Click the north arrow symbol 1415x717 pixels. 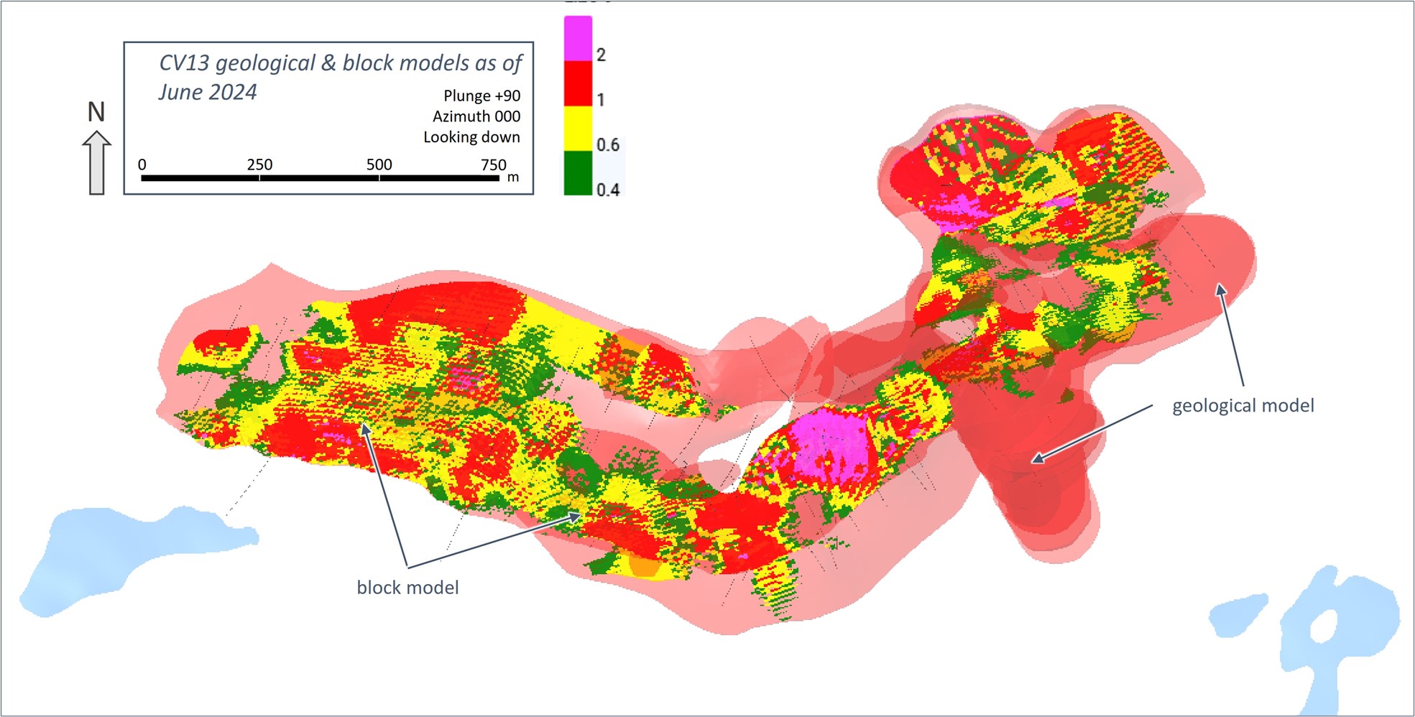click(x=96, y=163)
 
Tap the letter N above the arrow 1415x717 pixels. click(x=96, y=112)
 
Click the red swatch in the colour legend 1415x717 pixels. click(x=578, y=84)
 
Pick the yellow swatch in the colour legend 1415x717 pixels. click(x=578, y=129)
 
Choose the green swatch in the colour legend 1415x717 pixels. click(x=578, y=172)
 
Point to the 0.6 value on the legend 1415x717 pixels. click(x=608, y=145)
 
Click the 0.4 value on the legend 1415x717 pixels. click(x=608, y=190)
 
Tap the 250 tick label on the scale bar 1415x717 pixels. click(x=259, y=165)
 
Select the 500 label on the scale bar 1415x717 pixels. click(x=379, y=165)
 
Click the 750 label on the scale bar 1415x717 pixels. click(x=494, y=165)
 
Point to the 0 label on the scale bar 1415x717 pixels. click(x=142, y=165)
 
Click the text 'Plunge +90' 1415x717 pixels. click(x=481, y=96)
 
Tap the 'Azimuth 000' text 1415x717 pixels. click(x=476, y=116)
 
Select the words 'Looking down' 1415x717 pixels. click(x=471, y=137)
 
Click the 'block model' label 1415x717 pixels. click(x=407, y=588)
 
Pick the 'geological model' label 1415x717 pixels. click(x=1243, y=406)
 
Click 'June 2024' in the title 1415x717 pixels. click(x=208, y=93)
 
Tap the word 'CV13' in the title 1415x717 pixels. click(x=184, y=63)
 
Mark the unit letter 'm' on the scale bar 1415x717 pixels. click(x=513, y=177)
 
